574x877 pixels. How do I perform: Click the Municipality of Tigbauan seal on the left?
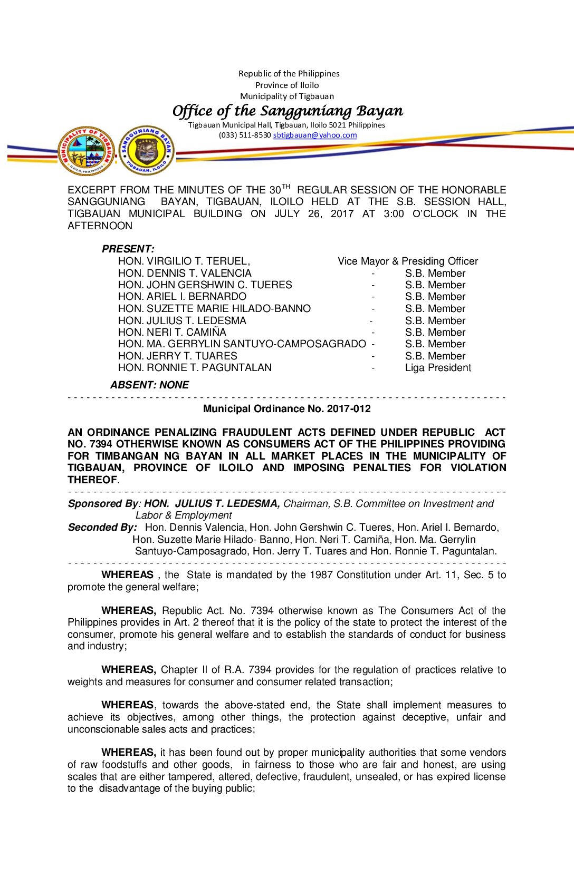[x=86, y=151]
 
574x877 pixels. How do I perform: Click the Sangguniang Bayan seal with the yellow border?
[x=146, y=150]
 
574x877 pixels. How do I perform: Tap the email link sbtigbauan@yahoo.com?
[x=315, y=135]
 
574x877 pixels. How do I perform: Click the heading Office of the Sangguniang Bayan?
[x=288, y=111]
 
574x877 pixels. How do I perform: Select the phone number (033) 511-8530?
[x=245, y=135]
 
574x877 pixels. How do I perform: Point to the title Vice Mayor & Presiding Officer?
[x=408, y=261]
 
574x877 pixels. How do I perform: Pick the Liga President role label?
[x=438, y=367]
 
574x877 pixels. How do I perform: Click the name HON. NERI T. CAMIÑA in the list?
[x=172, y=332]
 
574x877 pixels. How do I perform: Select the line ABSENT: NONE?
[x=149, y=385]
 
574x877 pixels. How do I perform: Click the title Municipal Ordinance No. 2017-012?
[x=287, y=408]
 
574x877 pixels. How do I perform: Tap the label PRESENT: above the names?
[x=128, y=249]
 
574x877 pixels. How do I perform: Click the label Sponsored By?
[x=102, y=503]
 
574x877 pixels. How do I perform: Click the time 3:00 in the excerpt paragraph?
[x=394, y=213]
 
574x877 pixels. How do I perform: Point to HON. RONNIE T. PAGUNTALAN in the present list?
[x=195, y=367]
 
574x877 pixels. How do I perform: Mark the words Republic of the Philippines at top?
[x=289, y=74]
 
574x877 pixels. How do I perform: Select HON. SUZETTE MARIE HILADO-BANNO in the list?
[x=214, y=308]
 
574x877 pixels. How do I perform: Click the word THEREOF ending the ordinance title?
[x=92, y=480]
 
